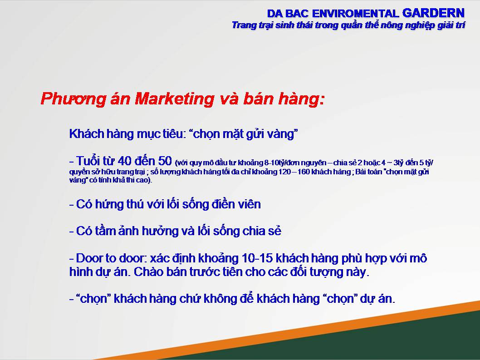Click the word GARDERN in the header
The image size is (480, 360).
pos(433,13)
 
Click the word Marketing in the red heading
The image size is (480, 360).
pos(175,99)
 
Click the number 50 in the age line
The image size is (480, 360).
pos(165,161)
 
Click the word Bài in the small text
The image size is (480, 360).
pos(360,172)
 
